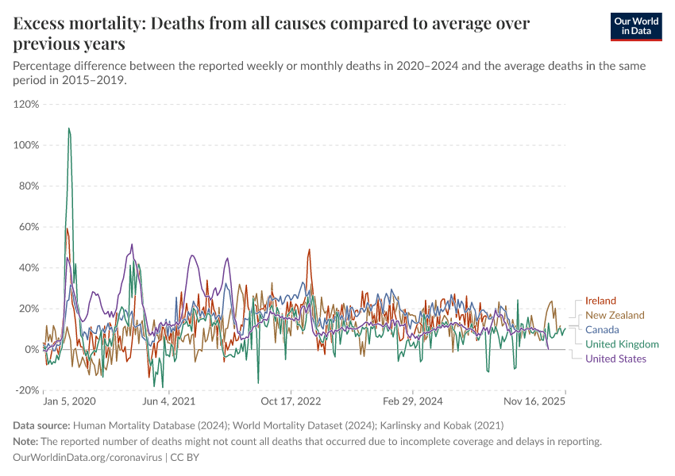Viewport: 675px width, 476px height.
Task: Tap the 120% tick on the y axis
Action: click(26, 104)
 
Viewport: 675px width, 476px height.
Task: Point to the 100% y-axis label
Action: click(26, 145)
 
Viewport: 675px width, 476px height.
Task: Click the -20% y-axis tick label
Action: click(27, 390)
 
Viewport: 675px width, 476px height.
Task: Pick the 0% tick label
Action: click(32, 349)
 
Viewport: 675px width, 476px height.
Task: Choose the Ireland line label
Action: click(600, 301)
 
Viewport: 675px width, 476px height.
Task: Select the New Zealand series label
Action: click(615, 315)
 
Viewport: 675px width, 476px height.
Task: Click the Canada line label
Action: click(602, 329)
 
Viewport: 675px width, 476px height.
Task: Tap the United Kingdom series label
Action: click(622, 344)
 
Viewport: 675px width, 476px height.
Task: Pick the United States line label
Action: click(615, 359)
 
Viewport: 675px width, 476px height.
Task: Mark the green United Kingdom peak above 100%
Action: click(69, 129)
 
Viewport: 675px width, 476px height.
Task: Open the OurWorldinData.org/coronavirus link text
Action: click(87, 458)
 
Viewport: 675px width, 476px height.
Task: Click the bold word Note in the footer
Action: click(27, 441)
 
